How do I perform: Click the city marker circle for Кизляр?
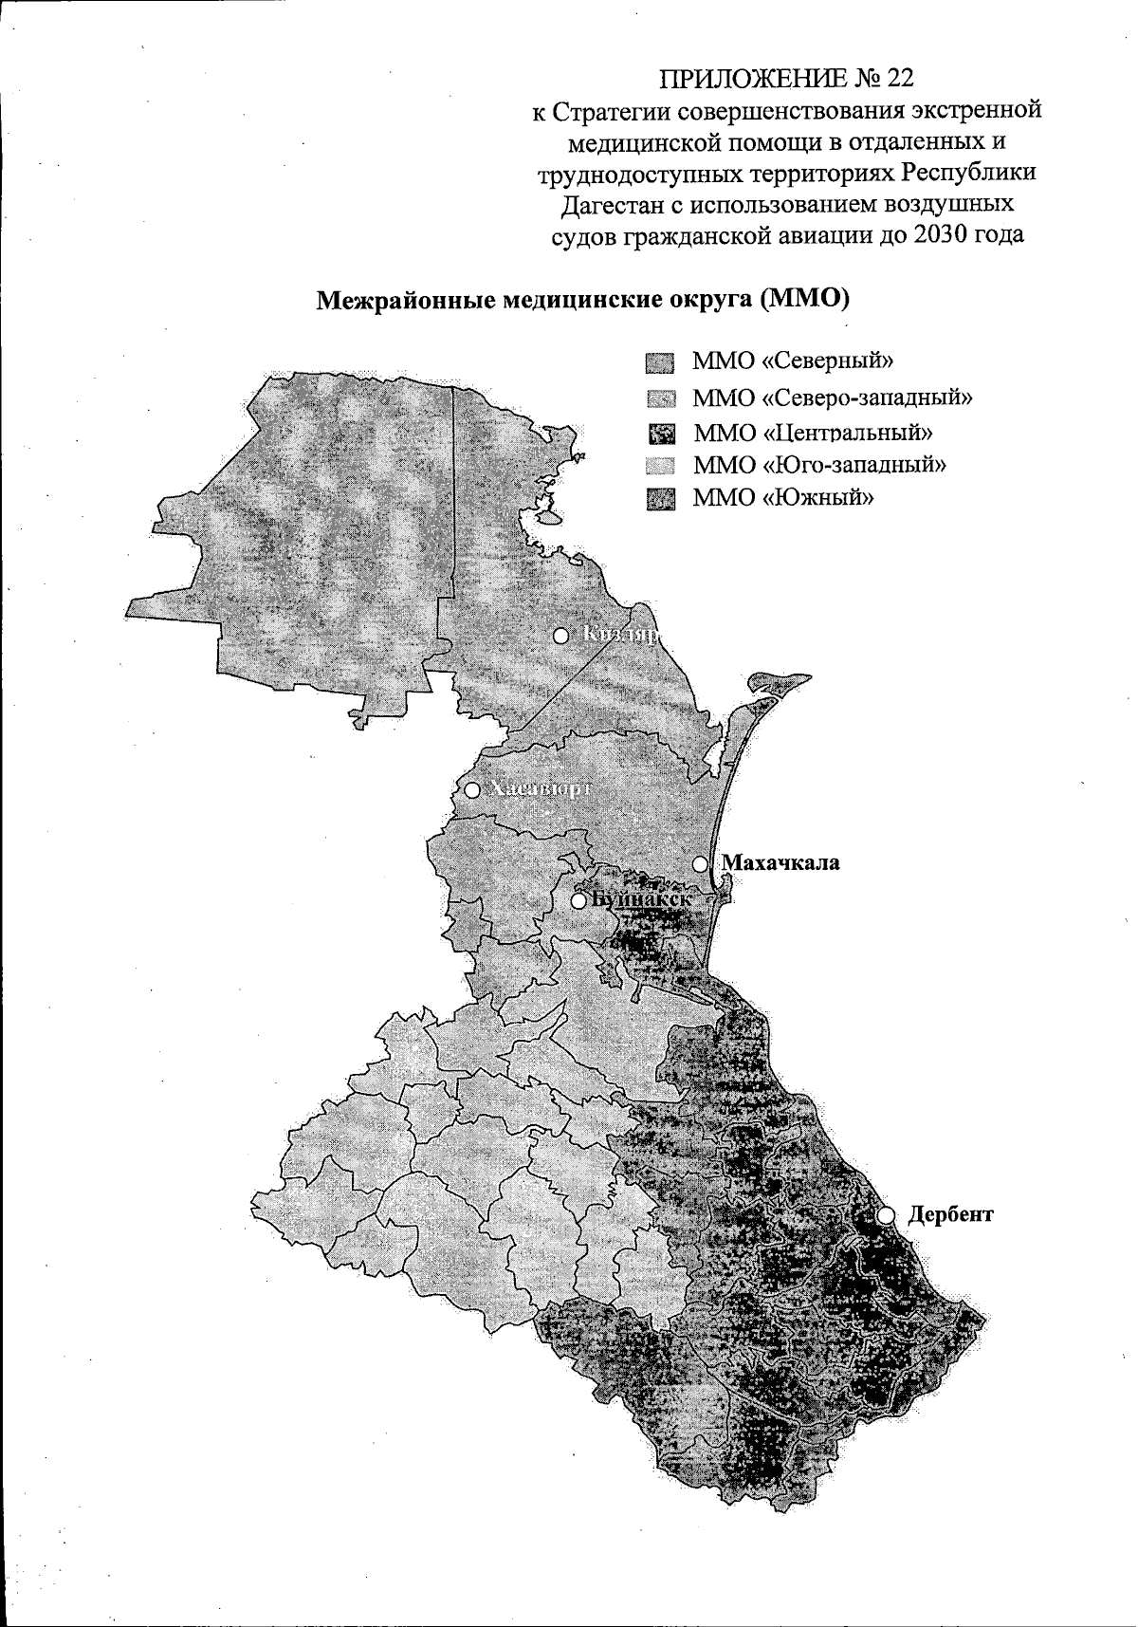tap(560, 635)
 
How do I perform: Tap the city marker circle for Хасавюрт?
tap(471, 789)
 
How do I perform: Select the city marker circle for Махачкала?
tap(700, 863)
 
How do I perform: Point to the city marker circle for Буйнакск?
tap(578, 899)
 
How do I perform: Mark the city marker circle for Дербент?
tap(886, 1215)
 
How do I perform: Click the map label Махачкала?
tap(780, 863)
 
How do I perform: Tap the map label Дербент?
tap(950, 1213)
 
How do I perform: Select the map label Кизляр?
tap(620, 635)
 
